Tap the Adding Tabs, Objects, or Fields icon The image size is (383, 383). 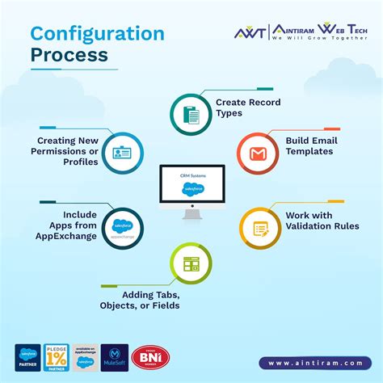coord(191,264)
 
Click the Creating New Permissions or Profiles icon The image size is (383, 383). coord(124,153)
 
